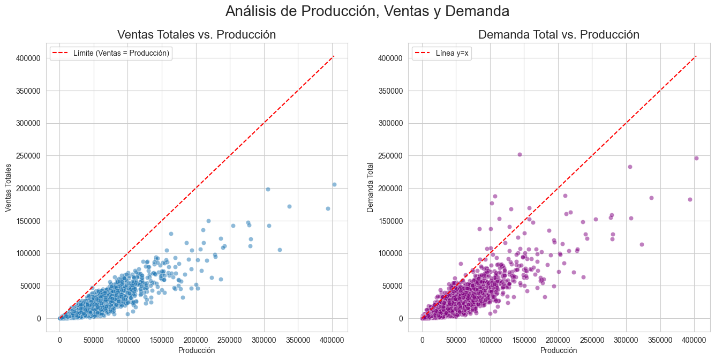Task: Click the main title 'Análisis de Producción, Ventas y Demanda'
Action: (x=367, y=11)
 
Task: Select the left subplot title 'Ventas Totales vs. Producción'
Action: (x=197, y=35)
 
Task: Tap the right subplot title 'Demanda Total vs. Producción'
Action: (x=559, y=35)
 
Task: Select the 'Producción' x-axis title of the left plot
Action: (x=197, y=350)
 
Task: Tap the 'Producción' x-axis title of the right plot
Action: (x=559, y=350)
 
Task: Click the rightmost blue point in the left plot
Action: (x=334, y=184)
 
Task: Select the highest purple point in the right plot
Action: (x=520, y=154)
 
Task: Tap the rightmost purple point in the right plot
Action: (x=696, y=158)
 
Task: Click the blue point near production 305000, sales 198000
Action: (x=268, y=189)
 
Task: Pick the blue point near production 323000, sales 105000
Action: (x=280, y=250)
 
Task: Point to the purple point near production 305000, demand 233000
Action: (x=630, y=167)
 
